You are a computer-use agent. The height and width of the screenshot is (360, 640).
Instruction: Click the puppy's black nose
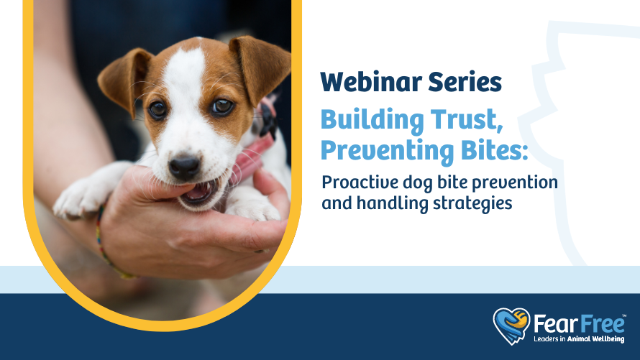pyautogui.click(x=185, y=166)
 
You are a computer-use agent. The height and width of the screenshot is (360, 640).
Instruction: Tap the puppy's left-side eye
pyautogui.click(x=157, y=109)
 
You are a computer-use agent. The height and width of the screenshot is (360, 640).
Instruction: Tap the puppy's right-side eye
pyautogui.click(x=221, y=106)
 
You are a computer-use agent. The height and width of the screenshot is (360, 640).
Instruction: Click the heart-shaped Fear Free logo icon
pyautogui.click(x=511, y=326)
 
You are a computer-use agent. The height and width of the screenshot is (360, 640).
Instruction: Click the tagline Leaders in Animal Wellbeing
pyautogui.click(x=579, y=339)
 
